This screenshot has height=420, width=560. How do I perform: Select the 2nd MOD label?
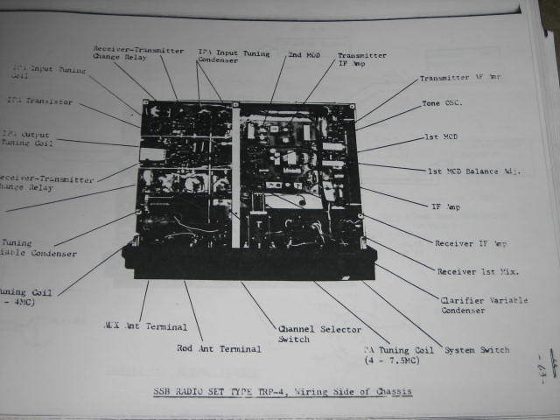pyautogui.click(x=304, y=54)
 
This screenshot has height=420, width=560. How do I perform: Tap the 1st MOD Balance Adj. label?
pyautogui.click(x=472, y=171)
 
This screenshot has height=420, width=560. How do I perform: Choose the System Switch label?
pyautogui.click(x=477, y=350)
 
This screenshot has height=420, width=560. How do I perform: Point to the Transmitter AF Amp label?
pyautogui.click(x=461, y=78)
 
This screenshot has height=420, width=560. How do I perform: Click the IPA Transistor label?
pyautogui.click(x=39, y=101)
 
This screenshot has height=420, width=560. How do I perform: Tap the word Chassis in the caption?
pyautogui.click(x=386, y=390)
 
